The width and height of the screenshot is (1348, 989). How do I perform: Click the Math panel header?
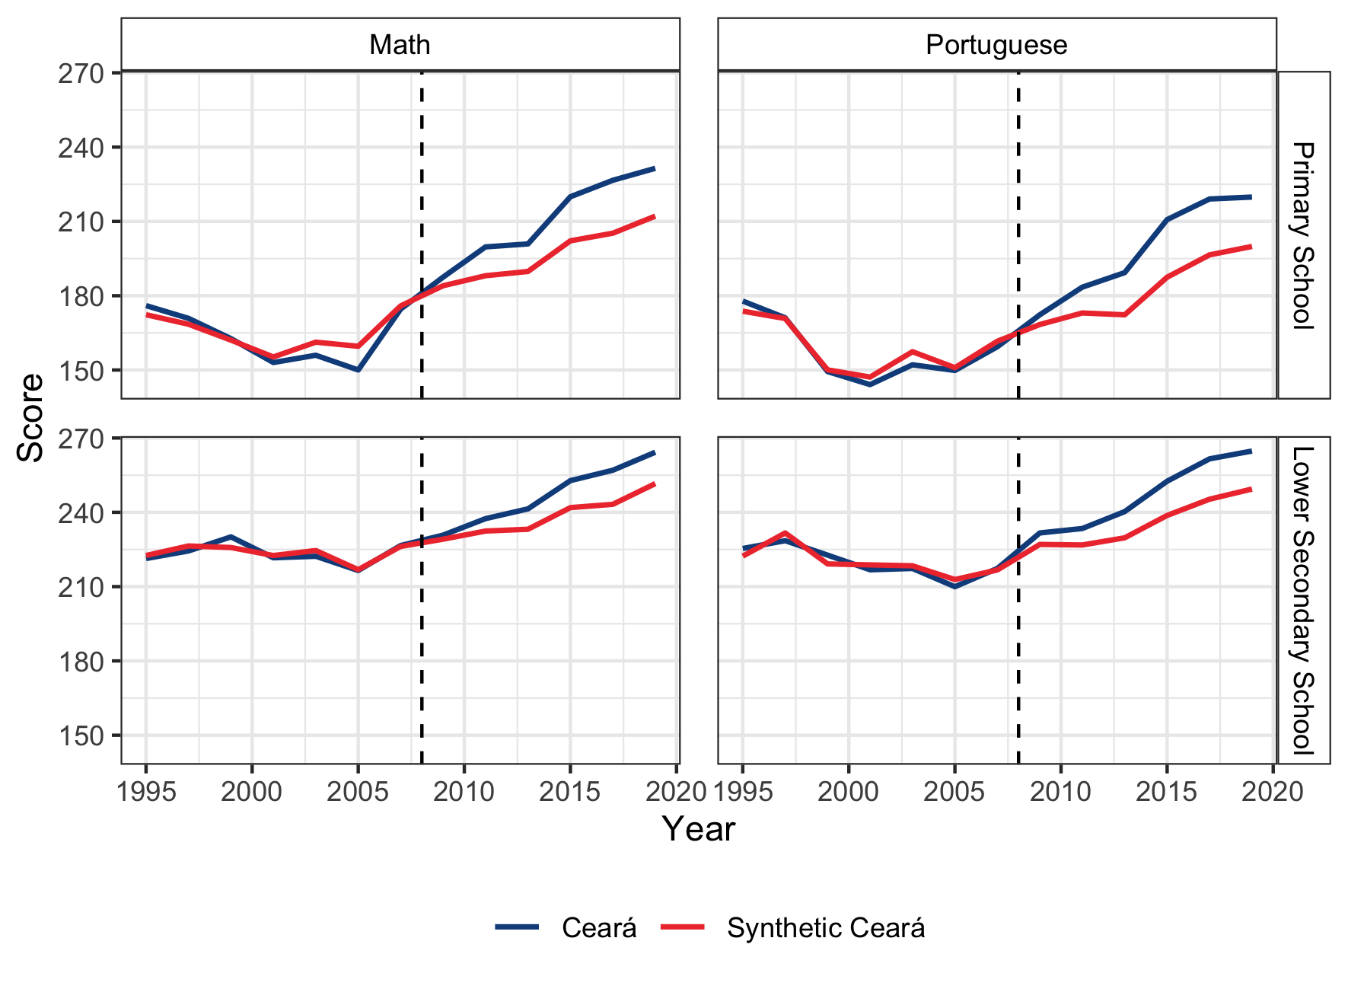coord(400,45)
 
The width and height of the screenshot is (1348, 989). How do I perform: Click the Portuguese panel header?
coord(996,45)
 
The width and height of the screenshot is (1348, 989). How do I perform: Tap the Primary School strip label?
coord(1303,234)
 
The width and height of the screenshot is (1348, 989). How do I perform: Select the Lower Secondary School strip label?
coord(1303,600)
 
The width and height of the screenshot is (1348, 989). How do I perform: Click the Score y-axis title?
coord(30,417)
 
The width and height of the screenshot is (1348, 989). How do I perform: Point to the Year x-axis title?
coord(698,829)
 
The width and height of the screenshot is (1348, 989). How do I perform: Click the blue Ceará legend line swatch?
coord(517,927)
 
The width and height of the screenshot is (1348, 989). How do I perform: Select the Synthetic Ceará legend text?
coord(826,928)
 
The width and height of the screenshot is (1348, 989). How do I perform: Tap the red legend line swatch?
coord(683,927)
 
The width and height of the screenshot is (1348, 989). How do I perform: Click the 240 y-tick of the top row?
coord(81,148)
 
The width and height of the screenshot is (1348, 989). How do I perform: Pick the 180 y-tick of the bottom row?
coord(81,662)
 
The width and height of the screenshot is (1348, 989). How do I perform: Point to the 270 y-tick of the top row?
coord(81,74)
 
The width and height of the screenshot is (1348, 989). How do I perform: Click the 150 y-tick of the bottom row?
coord(81,736)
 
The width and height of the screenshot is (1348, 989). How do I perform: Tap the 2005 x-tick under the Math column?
coord(358,792)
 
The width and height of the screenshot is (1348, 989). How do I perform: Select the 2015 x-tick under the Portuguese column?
coord(1166,792)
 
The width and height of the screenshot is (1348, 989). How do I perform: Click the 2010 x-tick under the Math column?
coord(464,792)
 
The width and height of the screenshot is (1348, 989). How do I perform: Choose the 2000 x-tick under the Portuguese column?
coord(848,792)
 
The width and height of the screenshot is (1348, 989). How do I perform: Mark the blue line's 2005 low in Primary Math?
coord(358,370)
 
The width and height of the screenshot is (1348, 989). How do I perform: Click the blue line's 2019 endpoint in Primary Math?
coord(654,168)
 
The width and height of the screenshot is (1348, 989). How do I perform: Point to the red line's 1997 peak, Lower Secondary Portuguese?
coord(785,533)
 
